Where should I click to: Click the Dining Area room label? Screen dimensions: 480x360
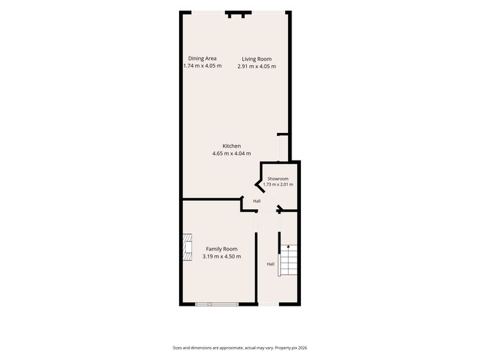click(202, 58)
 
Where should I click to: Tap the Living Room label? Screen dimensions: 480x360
click(256, 59)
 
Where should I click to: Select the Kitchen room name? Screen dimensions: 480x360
click(232, 146)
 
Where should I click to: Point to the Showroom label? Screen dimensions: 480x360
click(278, 178)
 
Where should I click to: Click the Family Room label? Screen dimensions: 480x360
click(221, 249)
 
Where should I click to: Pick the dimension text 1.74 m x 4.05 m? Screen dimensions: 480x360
click(202, 66)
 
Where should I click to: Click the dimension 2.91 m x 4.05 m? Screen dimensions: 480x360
click(256, 66)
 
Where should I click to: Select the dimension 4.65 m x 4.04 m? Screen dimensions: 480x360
click(232, 154)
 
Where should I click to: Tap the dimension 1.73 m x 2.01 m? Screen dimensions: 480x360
click(278, 184)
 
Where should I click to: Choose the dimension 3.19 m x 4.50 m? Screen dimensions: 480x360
click(221, 256)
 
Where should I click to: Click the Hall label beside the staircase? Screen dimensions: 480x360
click(270, 264)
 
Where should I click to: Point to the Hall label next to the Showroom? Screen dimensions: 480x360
click(256, 201)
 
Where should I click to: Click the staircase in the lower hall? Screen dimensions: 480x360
click(288, 260)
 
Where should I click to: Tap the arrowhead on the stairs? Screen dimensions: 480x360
click(288, 246)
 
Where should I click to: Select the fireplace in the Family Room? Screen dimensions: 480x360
click(188, 248)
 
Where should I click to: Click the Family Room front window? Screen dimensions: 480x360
click(217, 304)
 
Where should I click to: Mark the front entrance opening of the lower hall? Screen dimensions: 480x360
click(269, 304)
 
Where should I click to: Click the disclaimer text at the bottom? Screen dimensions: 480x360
click(240, 348)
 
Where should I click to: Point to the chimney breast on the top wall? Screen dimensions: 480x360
click(238, 14)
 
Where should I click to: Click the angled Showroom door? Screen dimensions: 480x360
click(260, 187)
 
